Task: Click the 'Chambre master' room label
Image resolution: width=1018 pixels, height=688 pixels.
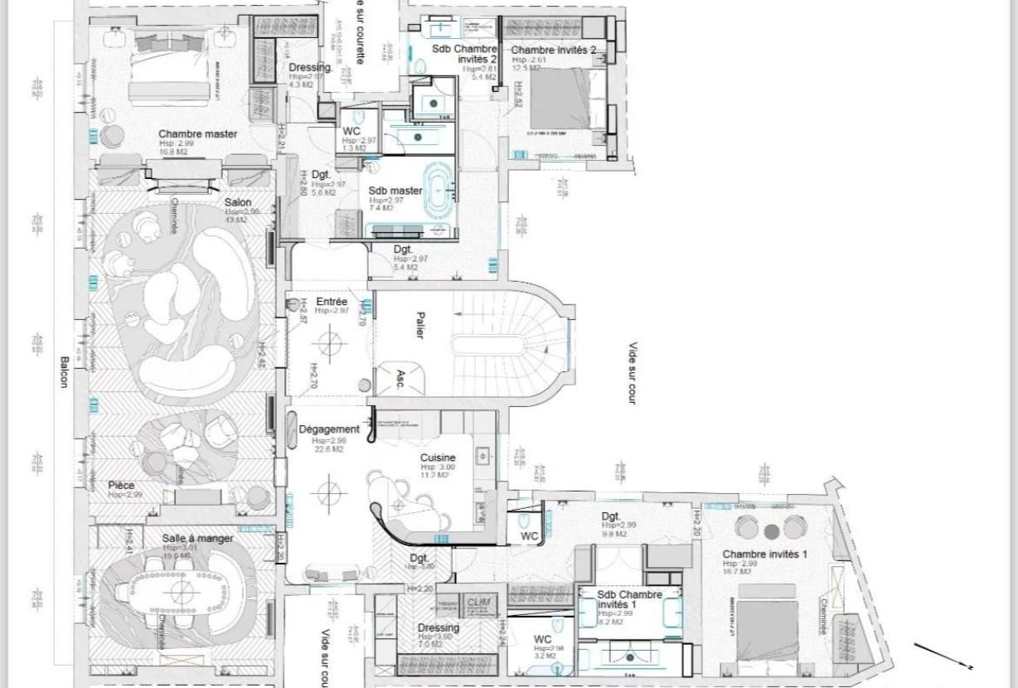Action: pos(197,134)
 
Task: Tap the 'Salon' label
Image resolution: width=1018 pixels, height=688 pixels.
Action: pos(238,202)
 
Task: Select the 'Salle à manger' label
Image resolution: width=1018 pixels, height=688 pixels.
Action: pos(197,539)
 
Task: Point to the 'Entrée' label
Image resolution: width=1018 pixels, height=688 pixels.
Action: pos(332,302)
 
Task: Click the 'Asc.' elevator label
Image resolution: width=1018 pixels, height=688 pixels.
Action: pos(400,380)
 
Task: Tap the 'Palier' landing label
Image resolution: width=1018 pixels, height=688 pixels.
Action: pos(420,324)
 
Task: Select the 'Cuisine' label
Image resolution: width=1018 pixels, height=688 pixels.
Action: pos(438,458)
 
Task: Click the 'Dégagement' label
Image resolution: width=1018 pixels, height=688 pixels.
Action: pos(329,429)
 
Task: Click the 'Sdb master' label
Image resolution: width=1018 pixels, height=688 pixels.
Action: pos(395,191)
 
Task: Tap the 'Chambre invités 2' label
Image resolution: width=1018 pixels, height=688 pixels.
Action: pos(553,51)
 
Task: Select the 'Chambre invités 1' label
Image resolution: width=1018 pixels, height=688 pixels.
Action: pos(763,555)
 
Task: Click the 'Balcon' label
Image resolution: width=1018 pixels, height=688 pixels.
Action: pos(64,373)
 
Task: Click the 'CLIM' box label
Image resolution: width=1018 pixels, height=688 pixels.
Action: pos(479,603)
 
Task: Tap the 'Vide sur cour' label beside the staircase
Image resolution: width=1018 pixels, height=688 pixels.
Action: pos(633,373)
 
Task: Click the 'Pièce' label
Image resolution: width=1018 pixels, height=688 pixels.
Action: pos(121,486)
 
